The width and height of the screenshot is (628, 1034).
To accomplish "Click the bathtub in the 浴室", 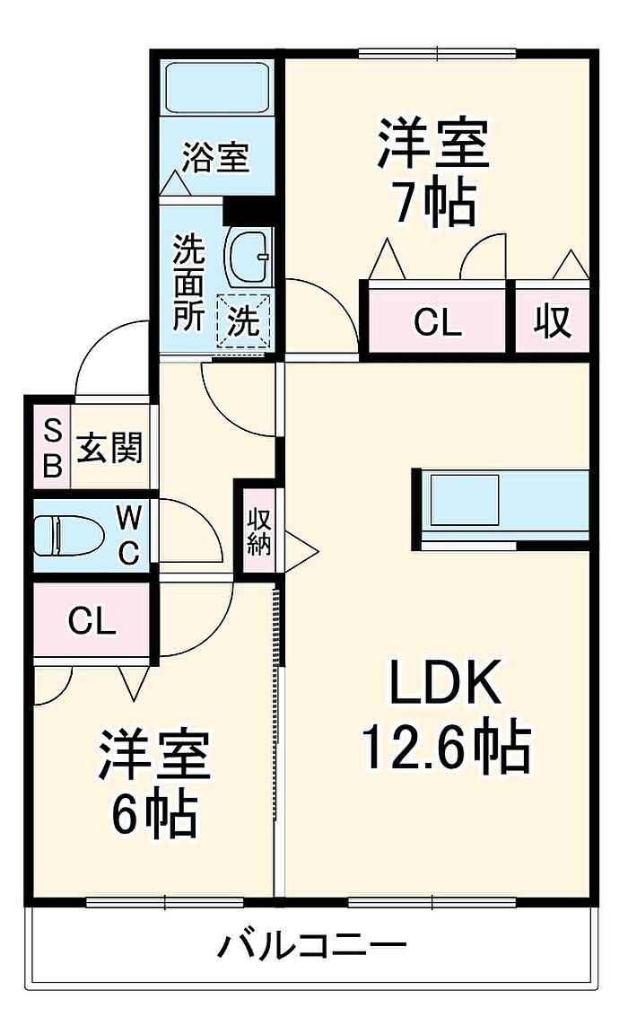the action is pyautogui.click(x=217, y=88).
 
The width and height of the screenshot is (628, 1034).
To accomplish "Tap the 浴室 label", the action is pyautogui.click(x=215, y=158).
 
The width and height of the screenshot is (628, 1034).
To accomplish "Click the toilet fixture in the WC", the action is pyautogui.click(x=68, y=535).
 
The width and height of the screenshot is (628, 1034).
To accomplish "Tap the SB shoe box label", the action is pyautogui.click(x=52, y=450).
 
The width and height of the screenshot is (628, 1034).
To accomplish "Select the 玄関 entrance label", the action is pyautogui.click(x=109, y=449).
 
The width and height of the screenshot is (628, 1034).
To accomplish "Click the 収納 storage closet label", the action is pyautogui.click(x=259, y=531).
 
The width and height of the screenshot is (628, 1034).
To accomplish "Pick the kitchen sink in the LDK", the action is pyautogui.click(x=464, y=499).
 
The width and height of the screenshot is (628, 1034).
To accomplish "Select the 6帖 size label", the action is pyautogui.click(x=153, y=815).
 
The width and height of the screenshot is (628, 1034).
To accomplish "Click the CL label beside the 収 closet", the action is pyautogui.click(x=438, y=322).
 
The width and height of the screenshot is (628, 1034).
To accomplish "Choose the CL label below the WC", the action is pyautogui.click(x=92, y=620).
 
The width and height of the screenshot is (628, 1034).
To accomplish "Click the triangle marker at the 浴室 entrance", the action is pyautogui.click(x=176, y=183).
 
